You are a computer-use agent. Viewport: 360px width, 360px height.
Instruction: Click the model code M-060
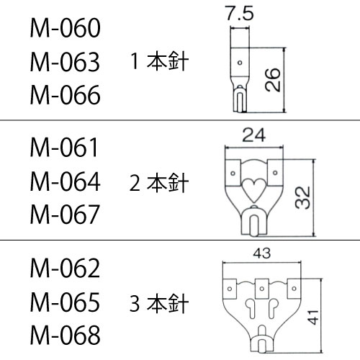tap(65, 28)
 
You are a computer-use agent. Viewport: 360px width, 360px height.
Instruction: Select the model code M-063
tap(65, 62)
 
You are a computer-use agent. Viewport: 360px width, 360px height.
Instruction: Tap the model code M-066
tap(65, 95)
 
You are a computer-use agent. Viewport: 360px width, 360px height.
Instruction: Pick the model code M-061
tap(64, 148)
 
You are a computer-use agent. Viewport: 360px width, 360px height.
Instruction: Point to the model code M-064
tap(65, 181)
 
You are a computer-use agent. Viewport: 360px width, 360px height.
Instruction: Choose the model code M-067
tap(65, 215)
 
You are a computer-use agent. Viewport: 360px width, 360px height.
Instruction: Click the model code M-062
tap(65, 268)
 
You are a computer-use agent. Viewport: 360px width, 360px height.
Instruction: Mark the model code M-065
tap(65, 302)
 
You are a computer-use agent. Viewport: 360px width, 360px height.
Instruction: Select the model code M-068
tap(65, 336)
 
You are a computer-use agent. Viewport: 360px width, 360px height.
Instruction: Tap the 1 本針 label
tap(159, 61)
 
